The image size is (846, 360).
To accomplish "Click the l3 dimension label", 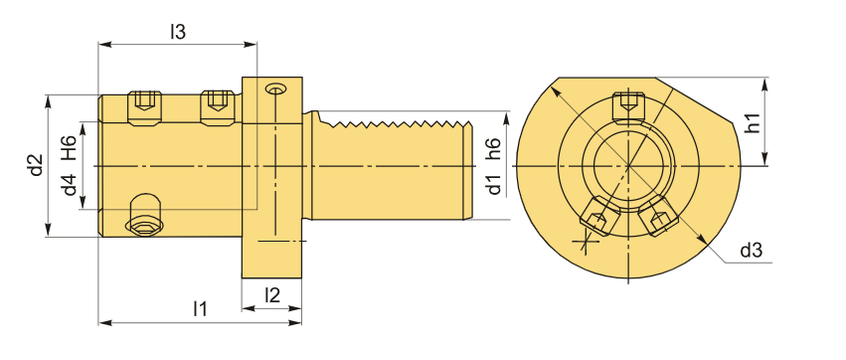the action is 178,32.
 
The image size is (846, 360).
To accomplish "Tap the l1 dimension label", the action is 200,309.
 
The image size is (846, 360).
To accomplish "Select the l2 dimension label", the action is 272,295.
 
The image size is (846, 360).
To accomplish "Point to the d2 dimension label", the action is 36,165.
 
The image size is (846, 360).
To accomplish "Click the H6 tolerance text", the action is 69,148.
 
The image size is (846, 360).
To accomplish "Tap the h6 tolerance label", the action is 493,148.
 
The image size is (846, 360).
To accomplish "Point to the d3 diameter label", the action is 751,251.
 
